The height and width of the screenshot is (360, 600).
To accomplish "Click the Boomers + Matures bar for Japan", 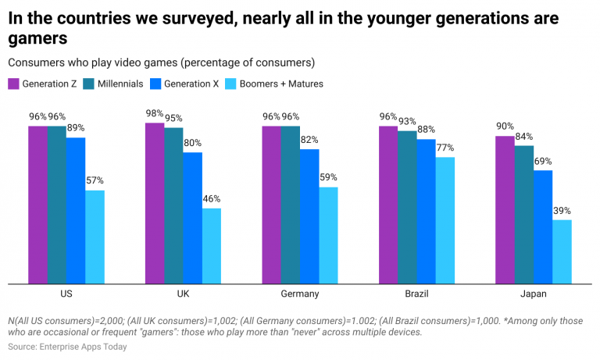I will [562, 251].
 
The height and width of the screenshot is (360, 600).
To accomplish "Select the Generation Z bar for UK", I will [154, 203].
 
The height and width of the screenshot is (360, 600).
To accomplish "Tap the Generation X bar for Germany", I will [309, 216].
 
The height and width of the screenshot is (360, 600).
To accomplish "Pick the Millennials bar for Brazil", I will [407, 207].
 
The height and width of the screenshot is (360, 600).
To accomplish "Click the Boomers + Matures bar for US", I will [95, 237].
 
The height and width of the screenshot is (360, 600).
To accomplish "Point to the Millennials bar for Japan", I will [524, 214].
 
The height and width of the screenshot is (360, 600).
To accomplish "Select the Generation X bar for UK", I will [192, 218].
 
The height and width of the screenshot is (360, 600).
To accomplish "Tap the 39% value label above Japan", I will [562, 211].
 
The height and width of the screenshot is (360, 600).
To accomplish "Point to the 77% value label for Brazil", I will [445, 148].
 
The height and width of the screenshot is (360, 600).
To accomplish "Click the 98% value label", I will [155, 113].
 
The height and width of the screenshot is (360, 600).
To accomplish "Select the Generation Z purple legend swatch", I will [13, 84].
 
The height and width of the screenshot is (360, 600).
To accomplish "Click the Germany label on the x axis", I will [299, 294].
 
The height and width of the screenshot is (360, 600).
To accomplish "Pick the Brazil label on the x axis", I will [416, 294].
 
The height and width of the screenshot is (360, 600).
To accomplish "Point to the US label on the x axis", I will [66, 294].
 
